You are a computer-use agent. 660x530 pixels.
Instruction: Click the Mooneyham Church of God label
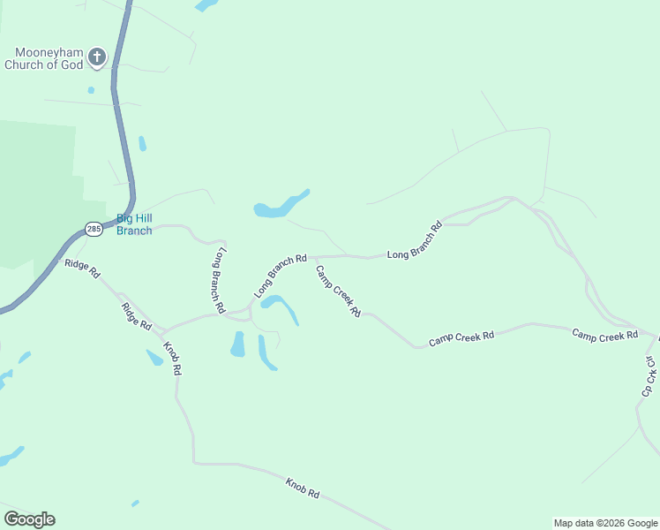pyautogui.click(x=44, y=58)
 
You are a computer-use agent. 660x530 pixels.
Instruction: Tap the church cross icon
pyautogui.click(x=97, y=58)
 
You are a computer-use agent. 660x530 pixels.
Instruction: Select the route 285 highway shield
pyautogui.click(x=94, y=229)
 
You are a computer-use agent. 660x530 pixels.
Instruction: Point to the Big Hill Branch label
pyautogui.click(x=134, y=224)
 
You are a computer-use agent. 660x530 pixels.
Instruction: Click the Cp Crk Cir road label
pyautogui.click(x=650, y=375)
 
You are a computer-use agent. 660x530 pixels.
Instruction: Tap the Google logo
pyautogui.click(x=29, y=519)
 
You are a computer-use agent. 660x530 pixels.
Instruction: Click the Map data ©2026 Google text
pyautogui.click(x=606, y=523)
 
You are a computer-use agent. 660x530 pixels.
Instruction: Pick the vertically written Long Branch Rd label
pyautogui.click(x=217, y=281)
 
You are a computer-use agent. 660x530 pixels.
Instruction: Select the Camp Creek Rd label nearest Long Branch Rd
pyautogui.click(x=339, y=291)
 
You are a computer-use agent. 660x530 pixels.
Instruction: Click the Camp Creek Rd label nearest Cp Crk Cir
pyautogui.click(x=604, y=335)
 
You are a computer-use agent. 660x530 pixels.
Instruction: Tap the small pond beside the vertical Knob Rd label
pyautogui.click(x=154, y=357)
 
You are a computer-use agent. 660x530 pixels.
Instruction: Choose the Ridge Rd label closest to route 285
pyautogui.click(x=81, y=269)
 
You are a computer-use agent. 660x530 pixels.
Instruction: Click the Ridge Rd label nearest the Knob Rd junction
pyautogui.click(x=137, y=316)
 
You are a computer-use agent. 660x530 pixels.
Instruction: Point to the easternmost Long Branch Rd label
pyautogui.click(x=414, y=239)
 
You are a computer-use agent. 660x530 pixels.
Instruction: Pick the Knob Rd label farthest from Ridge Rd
pyautogui.click(x=302, y=487)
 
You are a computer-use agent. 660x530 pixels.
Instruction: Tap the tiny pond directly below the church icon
pyautogui.click(x=91, y=89)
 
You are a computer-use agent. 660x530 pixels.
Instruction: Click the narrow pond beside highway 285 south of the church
pyautogui.click(x=142, y=143)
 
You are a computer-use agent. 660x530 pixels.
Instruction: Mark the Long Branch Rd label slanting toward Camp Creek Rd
pyautogui.click(x=280, y=276)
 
